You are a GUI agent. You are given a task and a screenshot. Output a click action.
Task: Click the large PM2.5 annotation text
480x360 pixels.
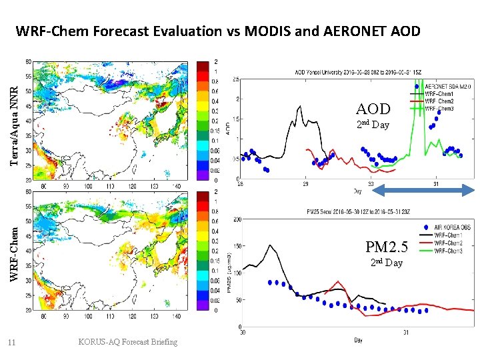[386, 247]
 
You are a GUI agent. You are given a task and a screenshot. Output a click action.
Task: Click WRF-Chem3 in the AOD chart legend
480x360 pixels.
[443, 108]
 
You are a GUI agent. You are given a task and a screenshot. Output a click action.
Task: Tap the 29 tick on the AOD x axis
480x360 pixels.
[305, 184]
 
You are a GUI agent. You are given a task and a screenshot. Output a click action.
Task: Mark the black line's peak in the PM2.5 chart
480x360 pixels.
[270, 245]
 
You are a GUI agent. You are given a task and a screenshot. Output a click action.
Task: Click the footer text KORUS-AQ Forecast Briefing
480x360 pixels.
[127, 342]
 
